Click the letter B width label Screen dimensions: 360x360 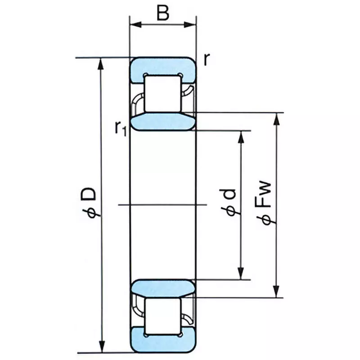(163, 13)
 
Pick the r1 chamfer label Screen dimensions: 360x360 (120, 128)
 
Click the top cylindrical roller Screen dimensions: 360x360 (163, 93)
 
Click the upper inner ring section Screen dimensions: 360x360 (163, 121)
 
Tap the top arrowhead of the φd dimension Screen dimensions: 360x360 (242, 136)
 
